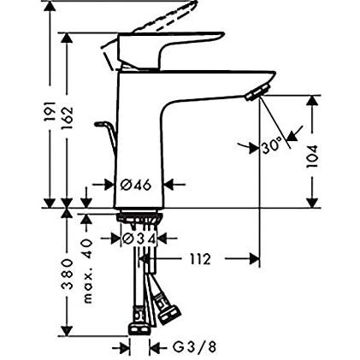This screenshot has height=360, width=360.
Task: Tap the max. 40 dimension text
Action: pyautogui.click(x=86, y=270)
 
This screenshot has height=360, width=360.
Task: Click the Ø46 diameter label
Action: pyautogui.click(x=138, y=184)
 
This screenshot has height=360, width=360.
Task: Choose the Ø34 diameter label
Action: pyautogui.click(x=139, y=239)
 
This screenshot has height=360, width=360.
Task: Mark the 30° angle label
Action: pyautogui.click(x=272, y=146)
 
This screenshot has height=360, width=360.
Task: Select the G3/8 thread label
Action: pyautogui.click(x=195, y=347)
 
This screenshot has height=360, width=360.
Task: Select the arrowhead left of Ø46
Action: pyautogui.click(x=109, y=184)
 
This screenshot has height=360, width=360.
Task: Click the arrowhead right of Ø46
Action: pyautogui.click(x=169, y=184)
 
